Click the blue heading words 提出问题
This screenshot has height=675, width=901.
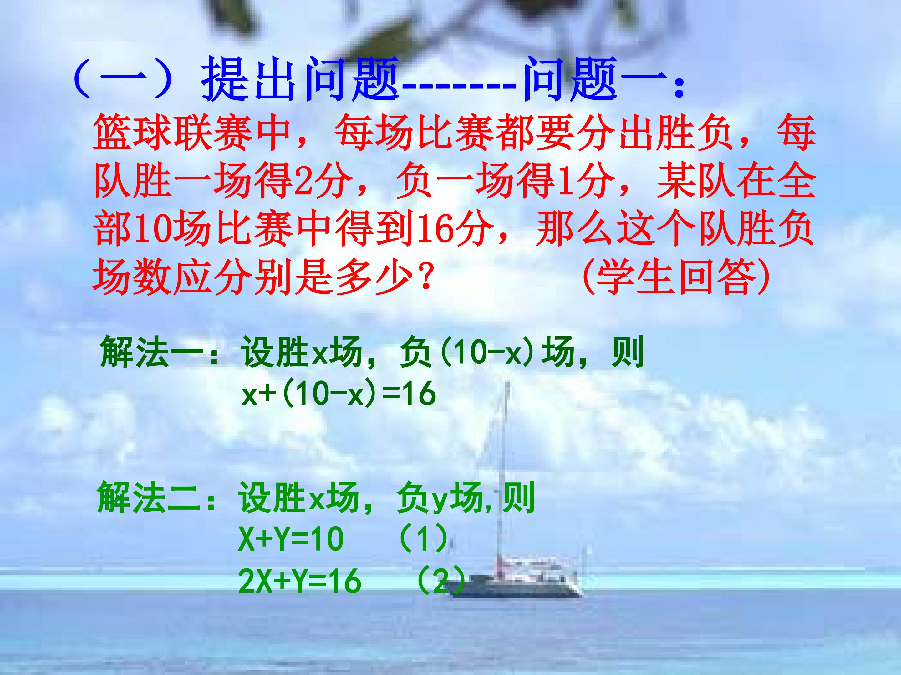pos(299,79)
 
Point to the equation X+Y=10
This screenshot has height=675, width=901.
pos(291,539)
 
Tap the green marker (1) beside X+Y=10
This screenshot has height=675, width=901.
pos(424,539)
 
